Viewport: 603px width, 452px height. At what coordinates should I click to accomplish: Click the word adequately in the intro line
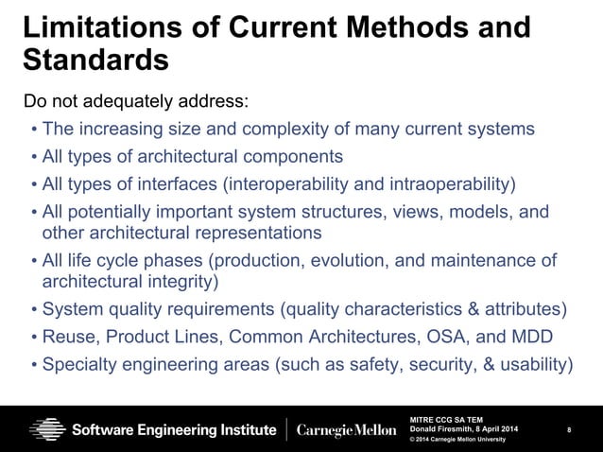tap(129, 102)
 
